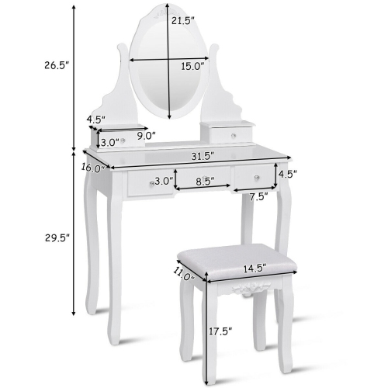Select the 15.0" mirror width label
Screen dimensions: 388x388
[x=192, y=67]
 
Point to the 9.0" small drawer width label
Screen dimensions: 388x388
[x=145, y=135]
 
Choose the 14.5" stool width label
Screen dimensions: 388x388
[x=253, y=268]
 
